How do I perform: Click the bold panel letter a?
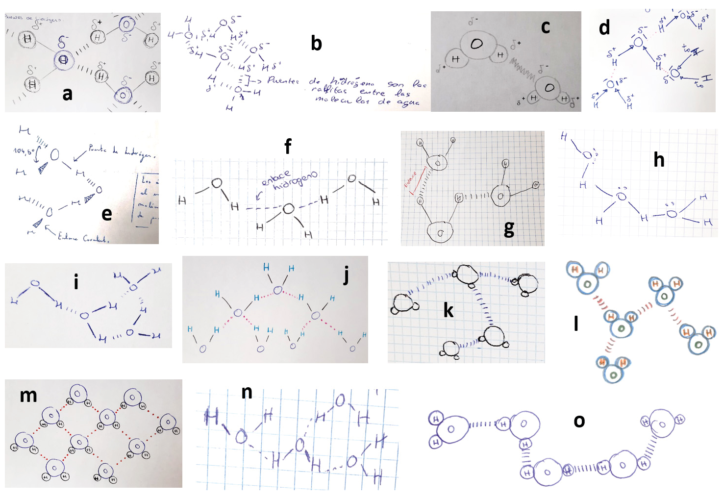[x=68, y=94]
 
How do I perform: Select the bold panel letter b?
[x=317, y=44]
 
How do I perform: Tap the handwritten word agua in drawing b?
[x=408, y=102]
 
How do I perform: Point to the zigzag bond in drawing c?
[x=523, y=69]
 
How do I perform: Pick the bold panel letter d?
[x=604, y=27]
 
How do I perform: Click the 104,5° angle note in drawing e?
[x=24, y=151]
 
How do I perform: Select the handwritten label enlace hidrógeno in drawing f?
[x=289, y=180]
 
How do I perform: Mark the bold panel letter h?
[x=659, y=159]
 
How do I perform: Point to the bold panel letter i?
[x=76, y=282]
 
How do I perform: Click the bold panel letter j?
[x=346, y=275]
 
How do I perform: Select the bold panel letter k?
[x=448, y=310]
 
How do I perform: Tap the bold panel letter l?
[x=576, y=323]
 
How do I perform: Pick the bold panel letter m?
[x=28, y=395]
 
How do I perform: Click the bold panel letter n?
[x=247, y=392]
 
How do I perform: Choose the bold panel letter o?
[x=579, y=421]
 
